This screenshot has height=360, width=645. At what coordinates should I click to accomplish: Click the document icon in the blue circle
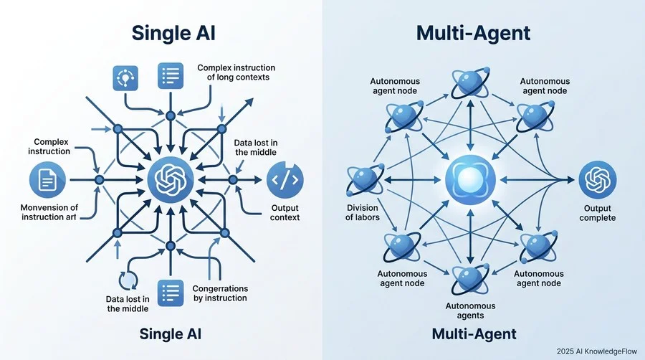pyautogui.click(x=48, y=180)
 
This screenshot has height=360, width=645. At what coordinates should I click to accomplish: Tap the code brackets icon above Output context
pyautogui.click(x=285, y=180)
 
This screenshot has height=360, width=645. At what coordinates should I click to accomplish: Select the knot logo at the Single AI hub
pyautogui.click(x=171, y=179)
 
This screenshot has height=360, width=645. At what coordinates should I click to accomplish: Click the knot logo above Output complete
pyautogui.click(x=597, y=180)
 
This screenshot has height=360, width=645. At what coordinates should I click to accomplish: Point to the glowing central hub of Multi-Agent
pyautogui.click(x=470, y=180)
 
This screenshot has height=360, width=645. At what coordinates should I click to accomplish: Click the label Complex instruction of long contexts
pyautogui.click(x=236, y=72)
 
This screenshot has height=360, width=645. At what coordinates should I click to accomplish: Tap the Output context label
pyautogui.click(x=285, y=213)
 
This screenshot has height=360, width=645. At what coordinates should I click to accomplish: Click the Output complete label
pyautogui.click(x=597, y=213)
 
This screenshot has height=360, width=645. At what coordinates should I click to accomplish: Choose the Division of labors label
pyautogui.click(x=363, y=213)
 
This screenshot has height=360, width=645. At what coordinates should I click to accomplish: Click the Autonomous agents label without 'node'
pyautogui.click(x=470, y=311)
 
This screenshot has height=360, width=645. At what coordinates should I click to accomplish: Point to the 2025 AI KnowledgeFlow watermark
pyautogui.click(x=597, y=351)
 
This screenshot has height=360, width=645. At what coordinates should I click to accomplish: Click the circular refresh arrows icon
pyautogui.click(x=128, y=281)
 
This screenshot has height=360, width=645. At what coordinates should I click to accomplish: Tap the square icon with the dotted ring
pyautogui.click(x=125, y=77)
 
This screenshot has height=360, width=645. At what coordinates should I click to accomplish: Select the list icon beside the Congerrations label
pyautogui.click(x=171, y=293)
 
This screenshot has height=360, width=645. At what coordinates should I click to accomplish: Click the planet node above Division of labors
pyautogui.click(x=365, y=180)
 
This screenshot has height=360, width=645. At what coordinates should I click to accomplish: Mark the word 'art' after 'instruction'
pyautogui.click(x=70, y=217)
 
